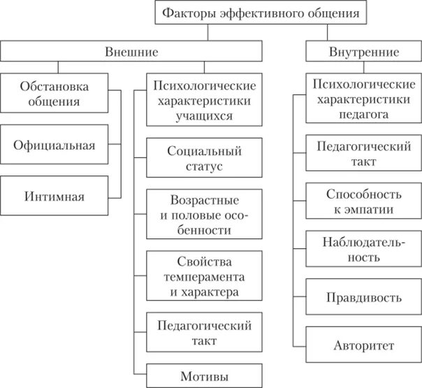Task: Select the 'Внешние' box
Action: click(131, 52)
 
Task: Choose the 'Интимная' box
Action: click(54, 196)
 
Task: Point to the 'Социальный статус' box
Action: click(204, 159)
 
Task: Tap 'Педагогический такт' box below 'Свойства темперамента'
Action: click(204, 333)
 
